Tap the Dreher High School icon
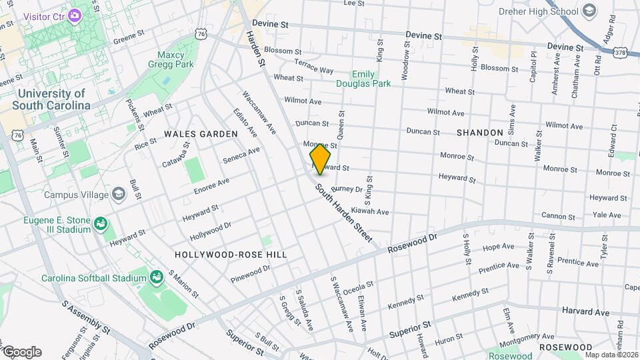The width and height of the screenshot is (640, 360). pyautogui.click(x=589, y=11)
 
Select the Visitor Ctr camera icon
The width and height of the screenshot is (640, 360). pyautogui.click(x=75, y=13)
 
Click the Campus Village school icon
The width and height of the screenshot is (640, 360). pyautogui.click(x=119, y=194)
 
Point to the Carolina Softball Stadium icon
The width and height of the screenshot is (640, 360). pyautogui.click(x=157, y=277)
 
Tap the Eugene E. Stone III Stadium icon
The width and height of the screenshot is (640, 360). pyautogui.click(x=101, y=223)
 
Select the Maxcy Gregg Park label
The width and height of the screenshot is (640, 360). pyautogui.click(x=175, y=59)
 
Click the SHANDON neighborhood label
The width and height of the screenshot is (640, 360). pyautogui.click(x=480, y=133)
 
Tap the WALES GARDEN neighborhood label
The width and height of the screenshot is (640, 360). pyautogui.click(x=201, y=134)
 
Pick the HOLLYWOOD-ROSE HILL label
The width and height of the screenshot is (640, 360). pyautogui.click(x=231, y=255)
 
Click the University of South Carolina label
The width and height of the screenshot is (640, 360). pyautogui.click(x=52, y=100)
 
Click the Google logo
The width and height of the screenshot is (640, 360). pyautogui.click(x=22, y=351)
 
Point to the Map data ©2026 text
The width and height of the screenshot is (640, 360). pyautogui.click(x=611, y=355)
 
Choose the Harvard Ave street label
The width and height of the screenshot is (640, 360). pyautogui.click(x=585, y=312)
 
